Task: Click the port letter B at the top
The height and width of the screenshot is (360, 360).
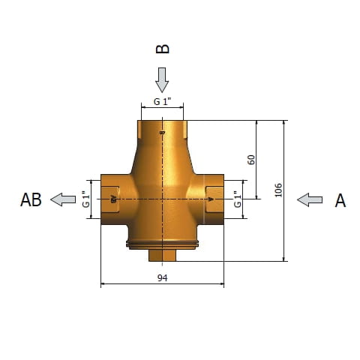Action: point(163,49)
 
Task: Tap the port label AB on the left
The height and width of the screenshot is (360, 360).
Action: point(31,200)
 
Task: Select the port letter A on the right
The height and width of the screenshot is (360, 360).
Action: point(340,200)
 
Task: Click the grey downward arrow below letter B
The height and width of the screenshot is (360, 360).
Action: point(162,80)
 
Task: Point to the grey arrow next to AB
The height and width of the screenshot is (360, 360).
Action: point(63,199)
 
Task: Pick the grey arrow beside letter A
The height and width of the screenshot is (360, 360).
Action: point(310,199)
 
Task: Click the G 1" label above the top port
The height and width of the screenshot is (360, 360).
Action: point(162,102)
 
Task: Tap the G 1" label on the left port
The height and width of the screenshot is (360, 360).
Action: point(85,199)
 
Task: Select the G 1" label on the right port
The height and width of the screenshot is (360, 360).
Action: point(238,199)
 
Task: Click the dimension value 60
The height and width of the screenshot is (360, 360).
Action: point(251,160)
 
